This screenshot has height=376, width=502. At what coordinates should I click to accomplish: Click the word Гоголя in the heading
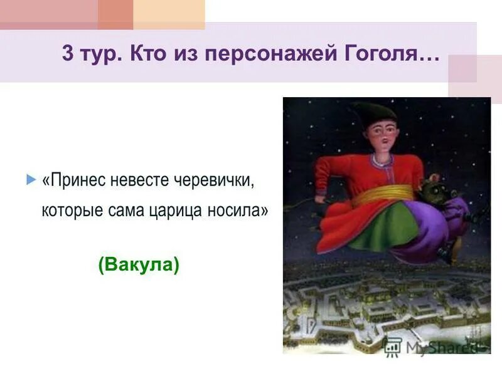click(389, 53)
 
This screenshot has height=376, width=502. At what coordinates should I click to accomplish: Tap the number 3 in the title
click(67, 53)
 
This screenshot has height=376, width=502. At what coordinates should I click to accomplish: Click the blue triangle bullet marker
click(31, 180)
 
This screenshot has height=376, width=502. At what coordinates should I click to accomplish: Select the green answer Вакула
click(139, 265)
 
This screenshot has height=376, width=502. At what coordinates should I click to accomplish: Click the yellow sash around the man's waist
click(383, 193)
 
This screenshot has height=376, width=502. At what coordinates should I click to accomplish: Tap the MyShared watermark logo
click(433, 347)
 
